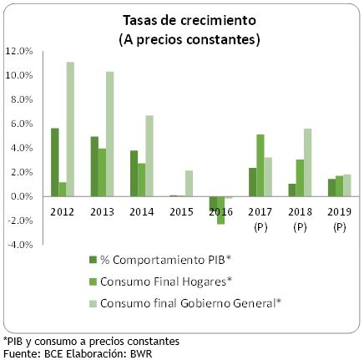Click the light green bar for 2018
(x=307, y=162)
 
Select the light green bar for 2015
(x=189, y=184)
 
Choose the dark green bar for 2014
(x=133, y=173)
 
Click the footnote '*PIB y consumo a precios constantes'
(x=89, y=341)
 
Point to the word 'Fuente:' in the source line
(x=20, y=352)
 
